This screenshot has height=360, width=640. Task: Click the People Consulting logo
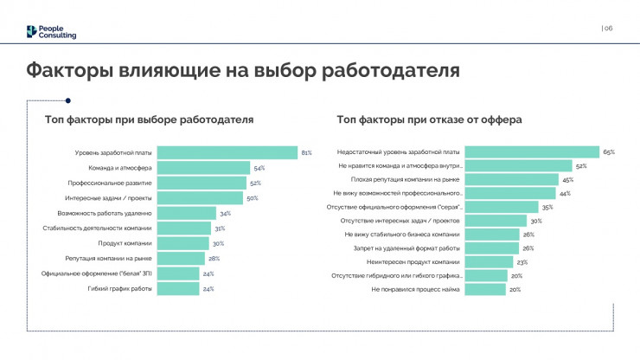(x=51, y=32)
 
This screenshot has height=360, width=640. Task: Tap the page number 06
(x=608, y=29)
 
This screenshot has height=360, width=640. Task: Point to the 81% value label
(x=306, y=152)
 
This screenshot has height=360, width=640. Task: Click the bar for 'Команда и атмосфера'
(x=204, y=168)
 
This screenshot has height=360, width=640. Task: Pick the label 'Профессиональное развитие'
(x=111, y=183)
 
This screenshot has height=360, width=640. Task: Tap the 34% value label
(x=225, y=213)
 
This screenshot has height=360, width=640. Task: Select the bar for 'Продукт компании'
(x=185, y=243)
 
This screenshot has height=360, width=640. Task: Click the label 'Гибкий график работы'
(x=121, y=289)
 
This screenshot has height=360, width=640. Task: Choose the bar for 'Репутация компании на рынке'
(x=182, y=259)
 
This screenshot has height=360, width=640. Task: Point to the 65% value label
(x=609, y=152)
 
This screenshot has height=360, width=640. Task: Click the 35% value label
(x=547, y=208)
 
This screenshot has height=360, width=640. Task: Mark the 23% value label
(x=522, y=262)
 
